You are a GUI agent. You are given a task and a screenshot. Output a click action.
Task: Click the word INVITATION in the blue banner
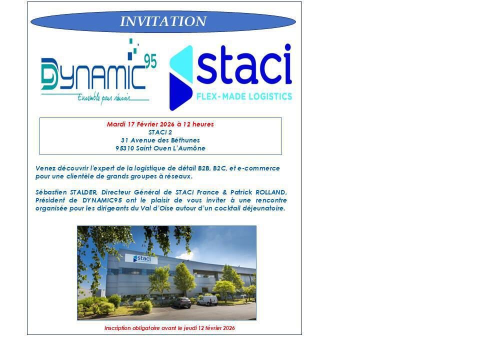(x=163, y=21)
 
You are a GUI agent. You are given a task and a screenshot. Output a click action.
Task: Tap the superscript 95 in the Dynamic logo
(x=150, y=60)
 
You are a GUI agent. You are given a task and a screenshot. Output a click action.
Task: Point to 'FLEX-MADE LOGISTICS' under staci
(x=244, y=96)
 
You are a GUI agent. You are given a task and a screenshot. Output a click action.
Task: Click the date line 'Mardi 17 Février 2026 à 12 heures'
(x=160, y=124)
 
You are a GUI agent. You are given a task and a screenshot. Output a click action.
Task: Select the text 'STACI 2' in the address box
(x=160, y=132)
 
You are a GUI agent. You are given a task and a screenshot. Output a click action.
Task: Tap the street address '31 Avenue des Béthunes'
(x=160, y=140)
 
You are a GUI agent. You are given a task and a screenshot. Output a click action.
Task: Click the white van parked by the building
(x=207, y=300)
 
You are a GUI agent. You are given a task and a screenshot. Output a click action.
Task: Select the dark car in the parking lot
(x=182, y=302)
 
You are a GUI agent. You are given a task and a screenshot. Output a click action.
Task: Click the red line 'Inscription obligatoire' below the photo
(x=169, y=328)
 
